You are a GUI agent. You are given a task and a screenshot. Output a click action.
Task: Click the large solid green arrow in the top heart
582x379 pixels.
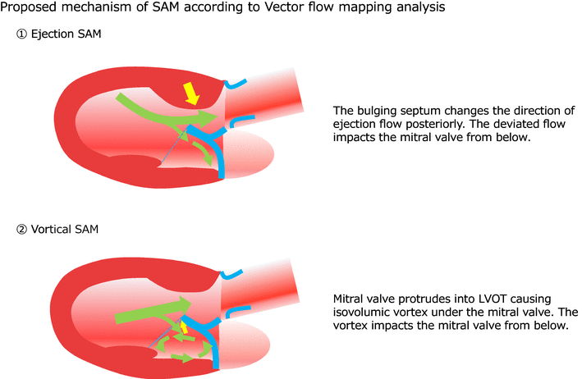164,112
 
